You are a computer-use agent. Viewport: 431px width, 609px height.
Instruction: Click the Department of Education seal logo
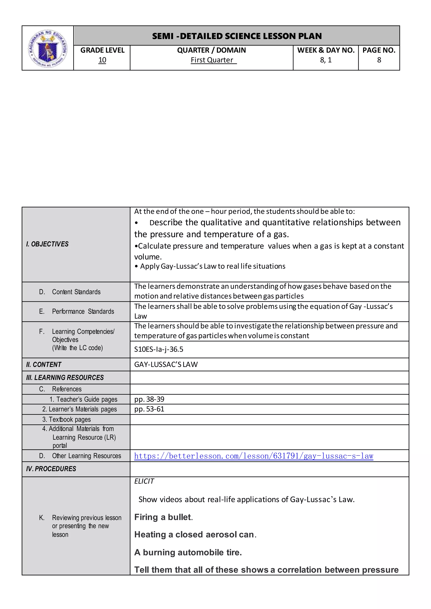pyautogui.click(x=48, y=48)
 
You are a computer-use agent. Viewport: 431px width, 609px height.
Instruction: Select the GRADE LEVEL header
pyautogui.click(x=102, y=50)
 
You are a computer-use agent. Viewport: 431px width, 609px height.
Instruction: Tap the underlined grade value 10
pyautogui.click(x=102, y=60)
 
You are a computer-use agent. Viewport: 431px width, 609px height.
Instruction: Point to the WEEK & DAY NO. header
pyautogui.click(x=326, y=50)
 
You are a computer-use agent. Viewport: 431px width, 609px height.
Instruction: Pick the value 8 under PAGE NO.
pyautogui.click(x=379, y=60)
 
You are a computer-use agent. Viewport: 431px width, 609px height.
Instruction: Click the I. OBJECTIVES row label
pyautogui.click(x=47, y=244)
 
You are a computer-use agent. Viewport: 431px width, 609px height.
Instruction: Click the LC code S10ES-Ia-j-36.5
pyautogui.click(x=159, y=349)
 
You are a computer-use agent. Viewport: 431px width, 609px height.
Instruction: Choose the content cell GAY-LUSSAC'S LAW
pyautogui.click(x=166, y=364)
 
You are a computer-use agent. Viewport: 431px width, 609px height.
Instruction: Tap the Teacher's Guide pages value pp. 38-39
pyautogui.click(x=149, y=399)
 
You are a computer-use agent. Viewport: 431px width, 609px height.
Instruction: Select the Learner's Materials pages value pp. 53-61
pyautogui.click(x=149, y=409)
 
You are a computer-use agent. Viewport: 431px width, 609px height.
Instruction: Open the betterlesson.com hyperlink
pyautogui.click(x=253, y=456)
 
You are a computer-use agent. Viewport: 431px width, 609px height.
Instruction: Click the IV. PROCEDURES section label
pyautogui.click(x=51, y=469)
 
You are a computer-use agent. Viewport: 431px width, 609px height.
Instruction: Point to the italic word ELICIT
pyautogui.click(x=144, y=481)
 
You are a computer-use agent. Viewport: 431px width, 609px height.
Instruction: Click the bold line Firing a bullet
pyautogui.click(x=163, y=517)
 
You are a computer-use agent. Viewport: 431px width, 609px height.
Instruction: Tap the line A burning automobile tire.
pyautogui.click(x=188, y=552)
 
